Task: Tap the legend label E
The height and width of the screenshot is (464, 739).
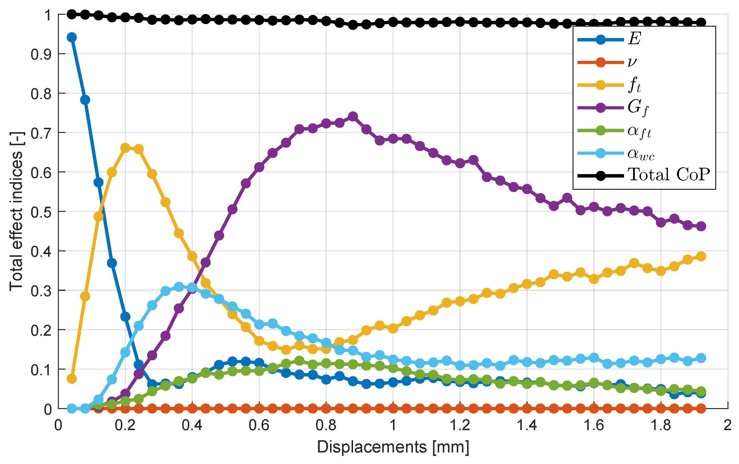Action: tap(634, 39)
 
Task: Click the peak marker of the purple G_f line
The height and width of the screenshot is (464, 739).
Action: tap(353, 117)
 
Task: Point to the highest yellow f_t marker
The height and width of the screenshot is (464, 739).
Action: tap(125, 148)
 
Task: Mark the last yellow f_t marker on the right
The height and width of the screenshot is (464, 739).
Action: tap(701, 256)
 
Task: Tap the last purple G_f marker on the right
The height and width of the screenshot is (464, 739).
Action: tap(701, 226)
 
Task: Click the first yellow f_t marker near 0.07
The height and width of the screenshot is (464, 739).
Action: tap(72, 379)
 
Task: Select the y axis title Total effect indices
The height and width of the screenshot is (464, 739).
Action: tap(16, 212)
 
